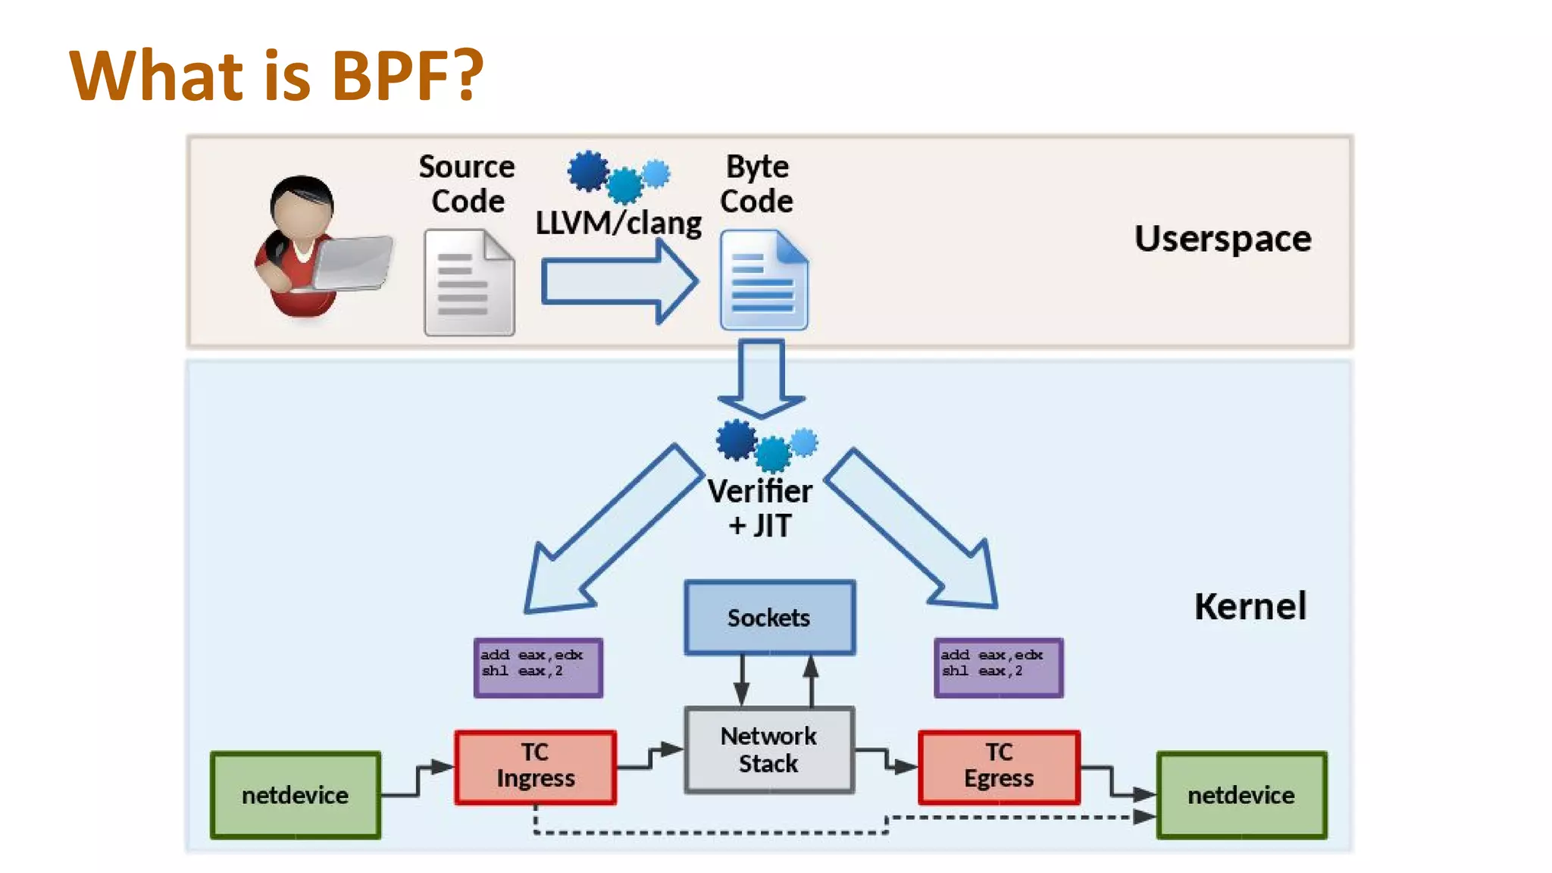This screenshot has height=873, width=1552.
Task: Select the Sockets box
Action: point(769,618)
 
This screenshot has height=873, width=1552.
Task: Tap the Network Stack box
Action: point(769,749)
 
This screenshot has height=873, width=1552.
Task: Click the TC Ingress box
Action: point(536,766)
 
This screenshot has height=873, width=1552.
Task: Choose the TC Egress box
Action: point(999,766)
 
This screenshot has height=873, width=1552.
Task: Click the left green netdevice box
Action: point(296,795)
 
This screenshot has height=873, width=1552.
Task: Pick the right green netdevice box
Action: point(1241,795)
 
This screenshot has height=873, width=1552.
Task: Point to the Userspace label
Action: point(1222,239)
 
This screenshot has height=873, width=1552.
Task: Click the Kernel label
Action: point(1250,606)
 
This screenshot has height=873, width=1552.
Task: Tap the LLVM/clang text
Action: point(618,223)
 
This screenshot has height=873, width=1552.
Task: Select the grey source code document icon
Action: point(469,283)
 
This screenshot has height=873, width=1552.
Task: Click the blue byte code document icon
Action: point(764,281)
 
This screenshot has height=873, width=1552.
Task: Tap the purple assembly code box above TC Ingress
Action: point(538,668)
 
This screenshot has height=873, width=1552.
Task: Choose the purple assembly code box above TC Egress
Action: point(999,668)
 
